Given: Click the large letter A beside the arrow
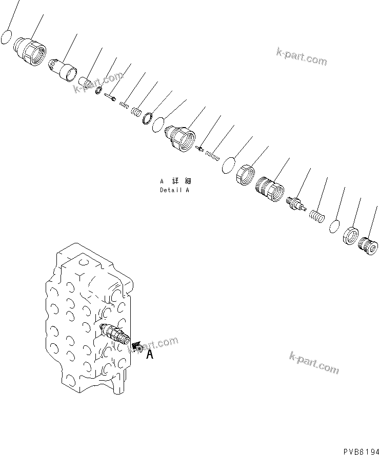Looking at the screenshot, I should [150, 354].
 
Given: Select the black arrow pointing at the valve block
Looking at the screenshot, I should [136, 347].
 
